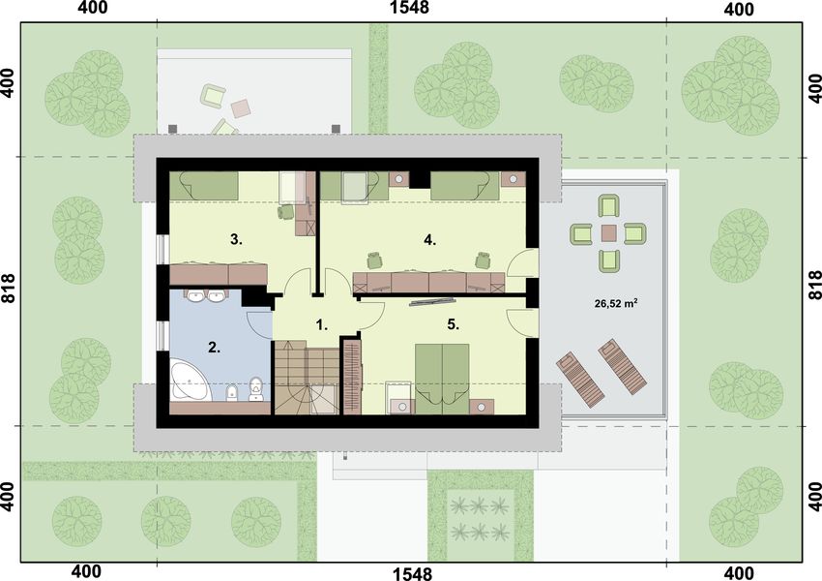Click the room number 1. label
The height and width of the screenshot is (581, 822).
click(x=323, y=326)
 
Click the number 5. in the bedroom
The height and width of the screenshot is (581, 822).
click(x=452, y=323)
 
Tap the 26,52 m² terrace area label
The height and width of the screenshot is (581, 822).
click(x=615, y=302)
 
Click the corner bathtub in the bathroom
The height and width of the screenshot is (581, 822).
click(x=191, y=382)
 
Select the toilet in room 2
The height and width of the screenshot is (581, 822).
click(x=256, y=389)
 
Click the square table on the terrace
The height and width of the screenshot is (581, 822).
click(x=608, y=232)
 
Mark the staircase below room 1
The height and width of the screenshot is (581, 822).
click(x=306, y=378)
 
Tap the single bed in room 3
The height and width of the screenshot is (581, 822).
click(x=204, y=183)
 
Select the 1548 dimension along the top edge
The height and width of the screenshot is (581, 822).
click(x=411, y=10)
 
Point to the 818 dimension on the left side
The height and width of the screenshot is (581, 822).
click(x=10, y=290)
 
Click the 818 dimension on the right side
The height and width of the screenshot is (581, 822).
click(x=812, y=290)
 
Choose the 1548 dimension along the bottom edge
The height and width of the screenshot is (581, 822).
click(x=411, y=573)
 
